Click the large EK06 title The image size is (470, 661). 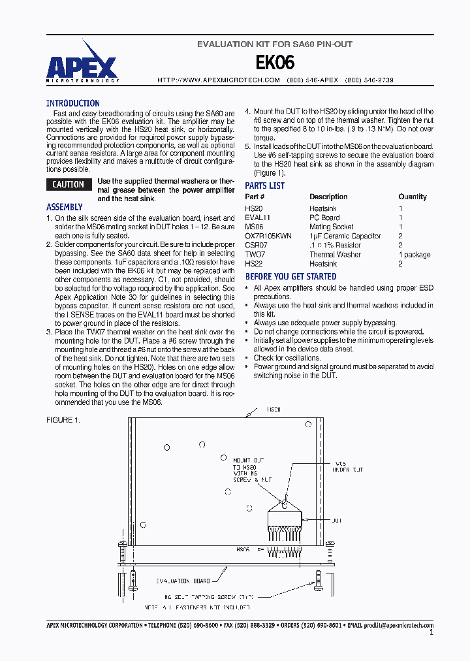pyautogui.click(x=274, y=63)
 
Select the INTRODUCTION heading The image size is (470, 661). pyautogui.click(x=73, y=103)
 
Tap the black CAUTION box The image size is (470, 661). pyautogui.click(x=69, y=185)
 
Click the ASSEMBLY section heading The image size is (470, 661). pyautogui.click(x=65, y=207)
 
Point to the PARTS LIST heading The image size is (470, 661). pyautogui.click(x=264, y=185)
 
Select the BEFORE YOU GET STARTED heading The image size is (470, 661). pyautogui.click(x=290, y=277)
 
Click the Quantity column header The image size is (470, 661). pyautogui.click(x=413, y=197)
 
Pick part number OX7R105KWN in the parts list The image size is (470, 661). pyautogui.click(x=268, y=236)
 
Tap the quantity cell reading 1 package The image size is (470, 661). pyautogui.click(x=415, y=254)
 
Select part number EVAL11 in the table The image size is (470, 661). pyautogui.click(x=257, y=218)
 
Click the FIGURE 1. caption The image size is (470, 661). pyautogui.click(x=63, y=420)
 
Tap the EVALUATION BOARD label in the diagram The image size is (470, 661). pyautogui.click(x=183, y=580)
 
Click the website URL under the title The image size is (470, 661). pyautogui.click(x=219, y=80)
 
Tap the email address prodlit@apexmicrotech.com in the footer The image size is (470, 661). pyautogui.click(x=398, y=625)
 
